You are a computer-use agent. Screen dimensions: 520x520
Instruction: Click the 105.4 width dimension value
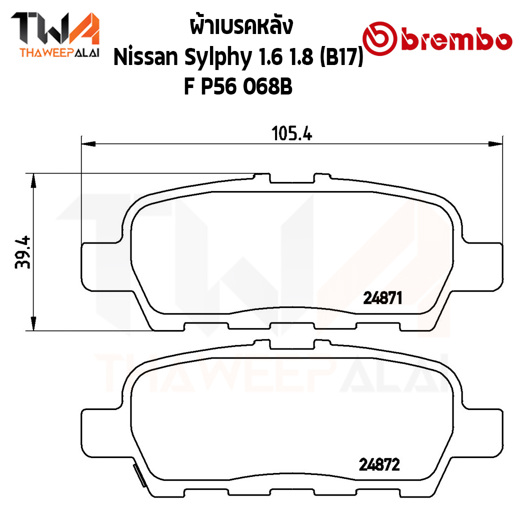click(292, 133)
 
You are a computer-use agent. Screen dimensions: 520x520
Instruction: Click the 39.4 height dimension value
click(23, 252)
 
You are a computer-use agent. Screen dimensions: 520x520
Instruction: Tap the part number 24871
click(382, 298)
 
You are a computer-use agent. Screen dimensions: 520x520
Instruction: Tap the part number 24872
click(379, 464)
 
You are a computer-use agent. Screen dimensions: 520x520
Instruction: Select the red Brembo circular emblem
click(379, 39)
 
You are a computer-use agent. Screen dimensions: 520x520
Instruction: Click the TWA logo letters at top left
click(55, 29)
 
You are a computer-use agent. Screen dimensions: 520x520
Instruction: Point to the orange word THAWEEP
click(46, 53)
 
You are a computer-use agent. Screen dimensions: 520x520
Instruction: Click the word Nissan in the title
click(146, 57)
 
